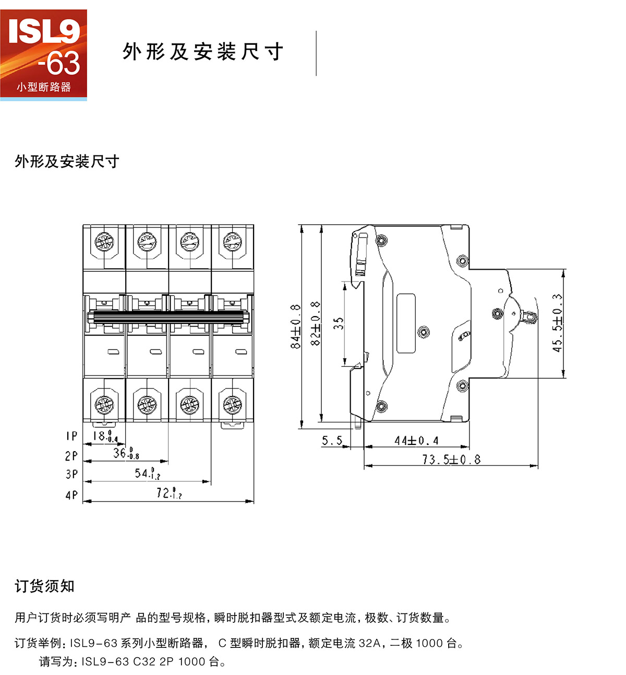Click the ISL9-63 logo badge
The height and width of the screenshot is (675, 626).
(43, 54)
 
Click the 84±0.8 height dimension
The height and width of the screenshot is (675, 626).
(296, 326)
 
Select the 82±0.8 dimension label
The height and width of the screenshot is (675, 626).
(315, 323)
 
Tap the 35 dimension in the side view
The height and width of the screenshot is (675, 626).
(339, 323)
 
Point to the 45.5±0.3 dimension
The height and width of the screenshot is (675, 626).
(557, 322)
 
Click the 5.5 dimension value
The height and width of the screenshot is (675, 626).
(332, 441)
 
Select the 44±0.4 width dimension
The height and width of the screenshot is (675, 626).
(416, 441)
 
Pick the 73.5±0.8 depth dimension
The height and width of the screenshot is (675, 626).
(451, 460)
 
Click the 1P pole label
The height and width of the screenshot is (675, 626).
(71, 436)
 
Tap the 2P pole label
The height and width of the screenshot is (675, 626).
(71, 455)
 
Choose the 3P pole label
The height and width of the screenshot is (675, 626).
(71, 474)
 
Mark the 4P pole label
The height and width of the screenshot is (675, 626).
(71, 495)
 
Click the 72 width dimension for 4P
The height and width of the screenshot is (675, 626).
(168, 493)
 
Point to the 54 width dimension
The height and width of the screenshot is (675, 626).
(147, 474)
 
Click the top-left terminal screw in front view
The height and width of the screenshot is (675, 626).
(104, 242)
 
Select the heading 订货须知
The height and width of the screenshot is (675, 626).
(45, 586)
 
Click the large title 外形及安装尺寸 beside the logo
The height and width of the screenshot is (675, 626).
(203, 52)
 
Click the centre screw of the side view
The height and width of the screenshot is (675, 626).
(424, 331)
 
